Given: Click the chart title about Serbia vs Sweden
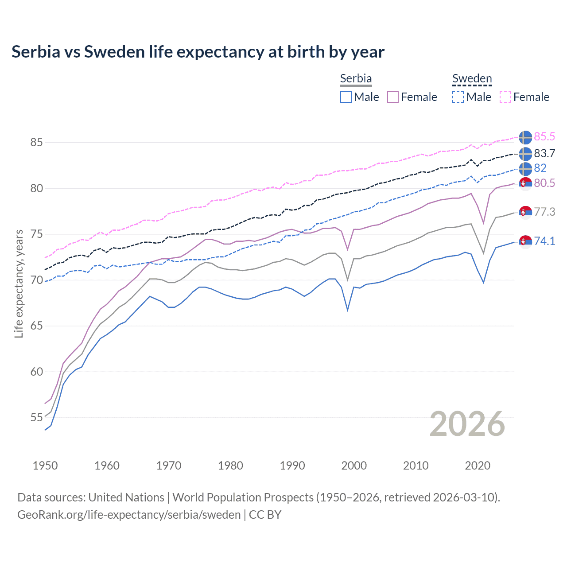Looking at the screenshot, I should [198, 52].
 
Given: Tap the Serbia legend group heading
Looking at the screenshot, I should [356, 79].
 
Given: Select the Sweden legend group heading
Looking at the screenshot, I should [472, 79].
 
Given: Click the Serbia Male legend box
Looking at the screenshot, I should [346, 97].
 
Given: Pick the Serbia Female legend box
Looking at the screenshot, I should [393, 97].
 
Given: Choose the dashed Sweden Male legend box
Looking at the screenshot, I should [458, 97].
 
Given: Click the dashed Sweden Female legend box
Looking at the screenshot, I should [505, 97].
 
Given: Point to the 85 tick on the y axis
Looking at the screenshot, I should [36, 143].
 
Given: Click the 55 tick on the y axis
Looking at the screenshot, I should [36, 417].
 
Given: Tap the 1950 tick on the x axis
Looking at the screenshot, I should [45, 466].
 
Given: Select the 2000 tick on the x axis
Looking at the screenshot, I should [354, 466].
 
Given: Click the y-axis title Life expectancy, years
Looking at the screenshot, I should [19, 283].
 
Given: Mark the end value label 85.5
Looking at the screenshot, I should [544, 137].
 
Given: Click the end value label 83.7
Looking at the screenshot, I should [544, 153].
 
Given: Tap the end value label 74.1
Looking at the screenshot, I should [544, 241].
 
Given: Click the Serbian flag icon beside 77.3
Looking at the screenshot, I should [525, 212].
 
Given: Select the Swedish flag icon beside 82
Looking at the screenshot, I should [525, 169].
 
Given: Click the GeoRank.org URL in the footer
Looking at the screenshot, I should [129, 515].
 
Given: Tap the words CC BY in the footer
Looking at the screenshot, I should [265, 515].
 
